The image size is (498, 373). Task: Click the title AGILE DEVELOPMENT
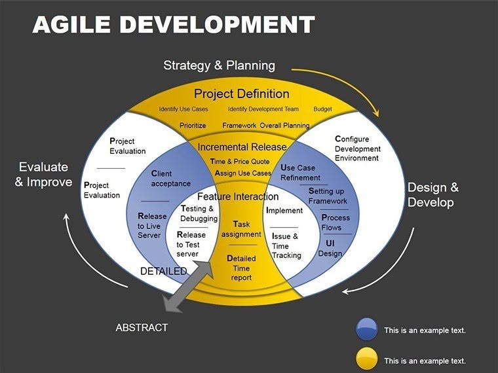coord(174,25)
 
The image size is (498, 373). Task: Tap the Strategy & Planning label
coord(219,65)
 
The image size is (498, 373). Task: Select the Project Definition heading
coord(241,94)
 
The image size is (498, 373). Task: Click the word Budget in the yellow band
coord(322,109)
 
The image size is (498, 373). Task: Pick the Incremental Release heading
coord(242,147)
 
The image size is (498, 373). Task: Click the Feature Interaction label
coord(238,196)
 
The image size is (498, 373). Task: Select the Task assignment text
coord(241,229)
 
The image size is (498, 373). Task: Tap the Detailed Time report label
coord(241,268)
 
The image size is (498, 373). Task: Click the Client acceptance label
coord(170,179)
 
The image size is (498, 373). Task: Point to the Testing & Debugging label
coord(199,213)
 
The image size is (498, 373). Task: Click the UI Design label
coord(330,248)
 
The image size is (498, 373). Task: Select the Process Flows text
coord(335,222)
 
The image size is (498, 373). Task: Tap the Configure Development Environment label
coord(357,149)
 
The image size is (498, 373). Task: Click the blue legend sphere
coord(366,329)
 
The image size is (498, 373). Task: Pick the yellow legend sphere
coord(366,359)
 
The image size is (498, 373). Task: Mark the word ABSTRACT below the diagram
coord(142,327)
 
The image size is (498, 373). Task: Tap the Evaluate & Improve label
coord(43,174)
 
